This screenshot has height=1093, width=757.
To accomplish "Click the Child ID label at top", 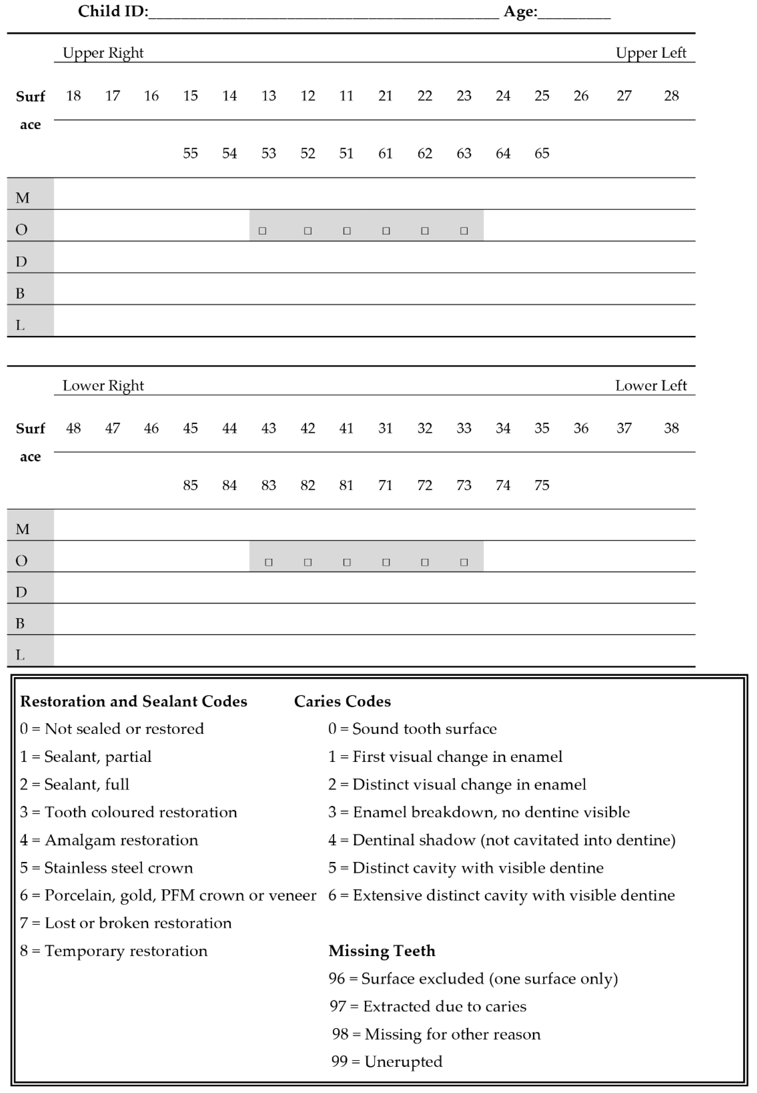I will (x=113, y=12).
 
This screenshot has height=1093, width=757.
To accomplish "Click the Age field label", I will (x=520, y=12).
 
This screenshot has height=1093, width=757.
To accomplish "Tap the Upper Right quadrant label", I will (x=103, y=53).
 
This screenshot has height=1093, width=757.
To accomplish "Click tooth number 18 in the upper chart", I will (x=73, y=96).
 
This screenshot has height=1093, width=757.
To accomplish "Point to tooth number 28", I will (x=671, y=96).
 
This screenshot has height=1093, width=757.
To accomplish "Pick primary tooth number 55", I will (x=190, y=153).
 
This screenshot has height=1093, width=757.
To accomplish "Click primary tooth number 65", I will (x=542, y=153).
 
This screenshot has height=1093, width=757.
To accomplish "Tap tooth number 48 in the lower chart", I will (x=73, y=428).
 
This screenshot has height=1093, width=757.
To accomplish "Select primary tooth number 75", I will (x=542, y=485).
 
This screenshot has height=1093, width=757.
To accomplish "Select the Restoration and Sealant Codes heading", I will (x=133, y=701).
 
